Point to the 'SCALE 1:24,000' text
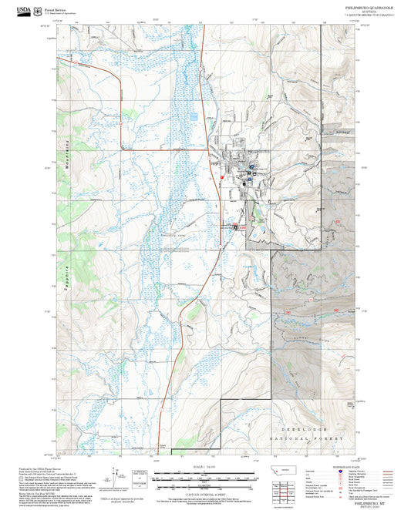tap(206, 465)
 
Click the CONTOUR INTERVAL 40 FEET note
tap(206, 483)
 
